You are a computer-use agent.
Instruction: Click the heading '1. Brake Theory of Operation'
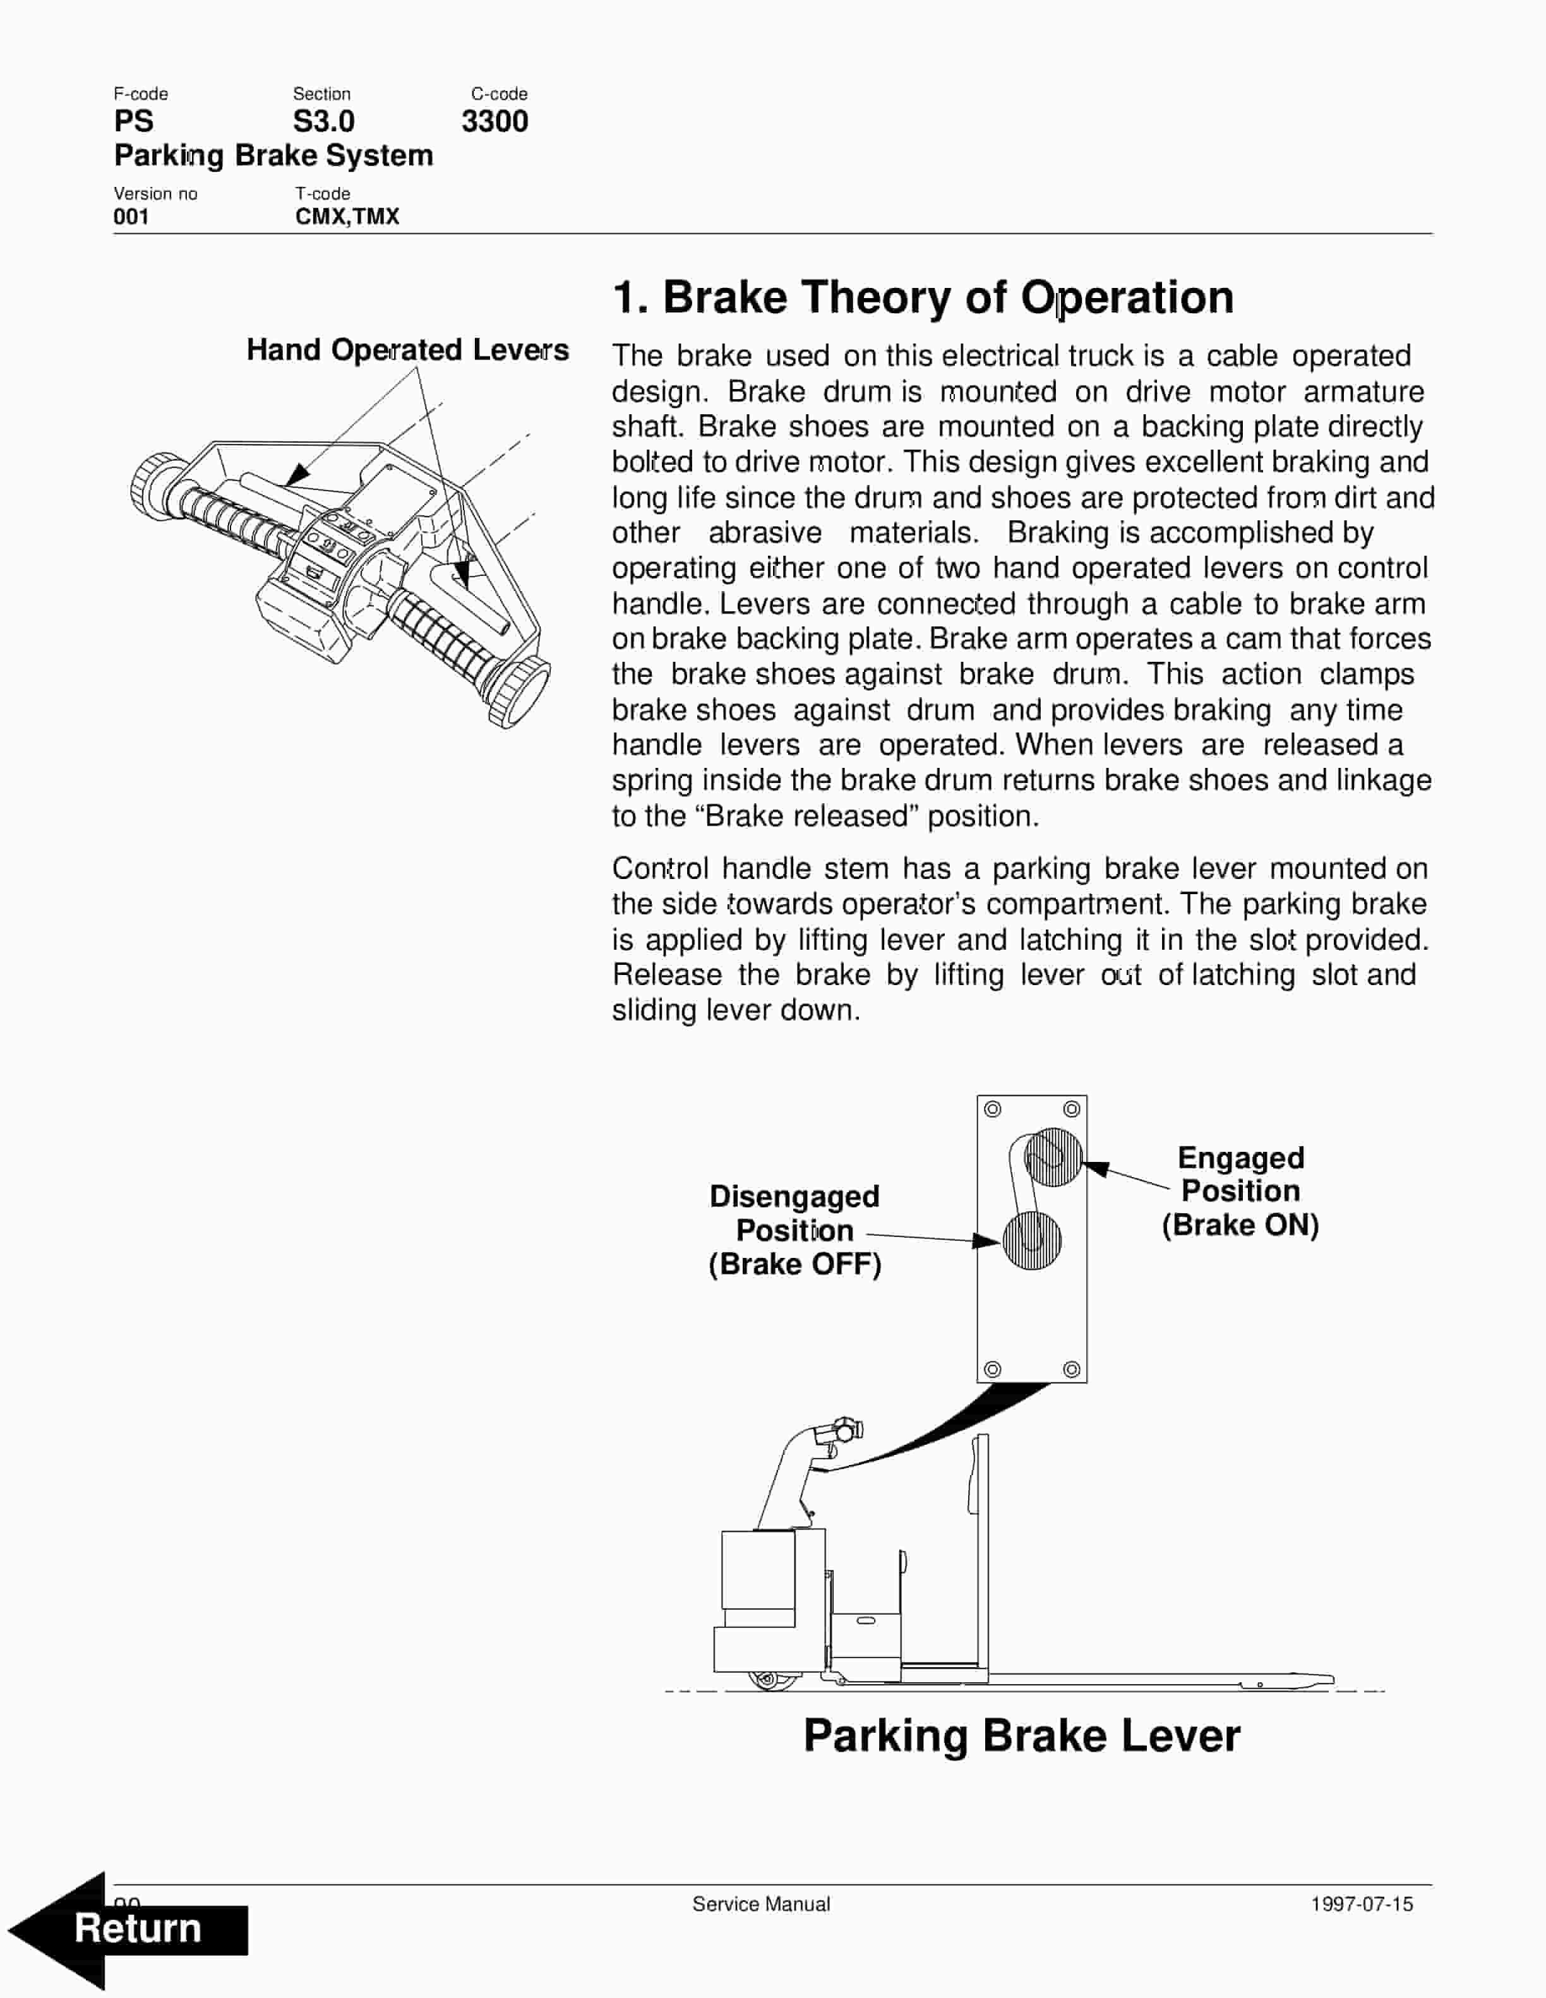922,297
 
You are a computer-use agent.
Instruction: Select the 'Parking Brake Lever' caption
1021,1735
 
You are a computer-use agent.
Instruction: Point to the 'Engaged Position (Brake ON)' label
1240,1190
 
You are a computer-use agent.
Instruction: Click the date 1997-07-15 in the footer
1361,1904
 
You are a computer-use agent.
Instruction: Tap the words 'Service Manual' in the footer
761,1904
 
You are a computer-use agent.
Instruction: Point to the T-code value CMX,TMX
347,217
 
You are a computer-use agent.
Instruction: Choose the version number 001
131,217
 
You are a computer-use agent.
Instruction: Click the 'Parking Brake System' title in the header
273,155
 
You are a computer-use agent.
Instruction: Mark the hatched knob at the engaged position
1052,1158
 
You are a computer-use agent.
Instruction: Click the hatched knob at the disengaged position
1032,1240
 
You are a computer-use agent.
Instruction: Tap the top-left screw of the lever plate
993,1110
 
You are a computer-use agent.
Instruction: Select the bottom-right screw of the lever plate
1072,1370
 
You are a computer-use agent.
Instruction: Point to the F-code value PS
133,122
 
